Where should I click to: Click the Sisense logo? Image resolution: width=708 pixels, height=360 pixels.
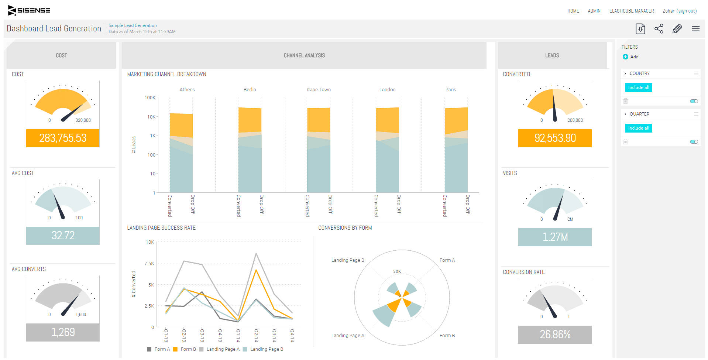pyautogui.click(x=29, y=10)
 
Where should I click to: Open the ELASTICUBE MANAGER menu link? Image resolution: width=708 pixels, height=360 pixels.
pyautogui.click(x=631, y=11)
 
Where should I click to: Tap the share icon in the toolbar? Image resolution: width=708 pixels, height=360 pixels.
pyautogui.click(x=659, y=29)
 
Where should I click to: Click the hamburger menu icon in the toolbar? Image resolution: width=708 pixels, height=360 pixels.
pyautogui.click(x=695, y=29)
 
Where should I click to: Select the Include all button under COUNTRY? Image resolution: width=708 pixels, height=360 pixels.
pyautogui.click(x=638, y=88)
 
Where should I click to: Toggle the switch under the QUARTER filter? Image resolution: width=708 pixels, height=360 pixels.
pyautogui.click(x=694, y=142)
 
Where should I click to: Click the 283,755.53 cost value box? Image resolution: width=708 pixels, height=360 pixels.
pyautogui.click(x=63, y=138)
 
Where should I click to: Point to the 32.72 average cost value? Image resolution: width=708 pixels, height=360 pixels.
pyautogui.click(x=63, y=236)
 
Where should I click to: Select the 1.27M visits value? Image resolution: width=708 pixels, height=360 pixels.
pyautogui.click(x=555, y=237)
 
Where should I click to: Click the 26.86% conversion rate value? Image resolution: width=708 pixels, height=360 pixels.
pyautogui.click(x=555, y=335)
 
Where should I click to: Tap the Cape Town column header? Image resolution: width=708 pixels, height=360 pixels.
pyautogui.click(x=319, y=90)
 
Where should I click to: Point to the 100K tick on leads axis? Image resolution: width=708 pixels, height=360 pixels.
pyautogui.click(x=150, y=98)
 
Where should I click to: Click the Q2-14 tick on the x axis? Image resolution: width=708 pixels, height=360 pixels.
pyautogui.click(x=256, y=335)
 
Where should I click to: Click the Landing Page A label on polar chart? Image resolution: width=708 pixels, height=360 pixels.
pyautogui.click(x=347, y=336)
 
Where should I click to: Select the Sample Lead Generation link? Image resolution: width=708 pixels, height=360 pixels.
pyautogui.click(x=133, y=25)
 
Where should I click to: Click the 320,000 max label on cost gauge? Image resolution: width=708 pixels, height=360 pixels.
pyautogui.click(x=83, y=120)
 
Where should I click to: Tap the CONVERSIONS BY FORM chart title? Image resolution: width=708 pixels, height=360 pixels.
pyautogui.click(x=345, y=228)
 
